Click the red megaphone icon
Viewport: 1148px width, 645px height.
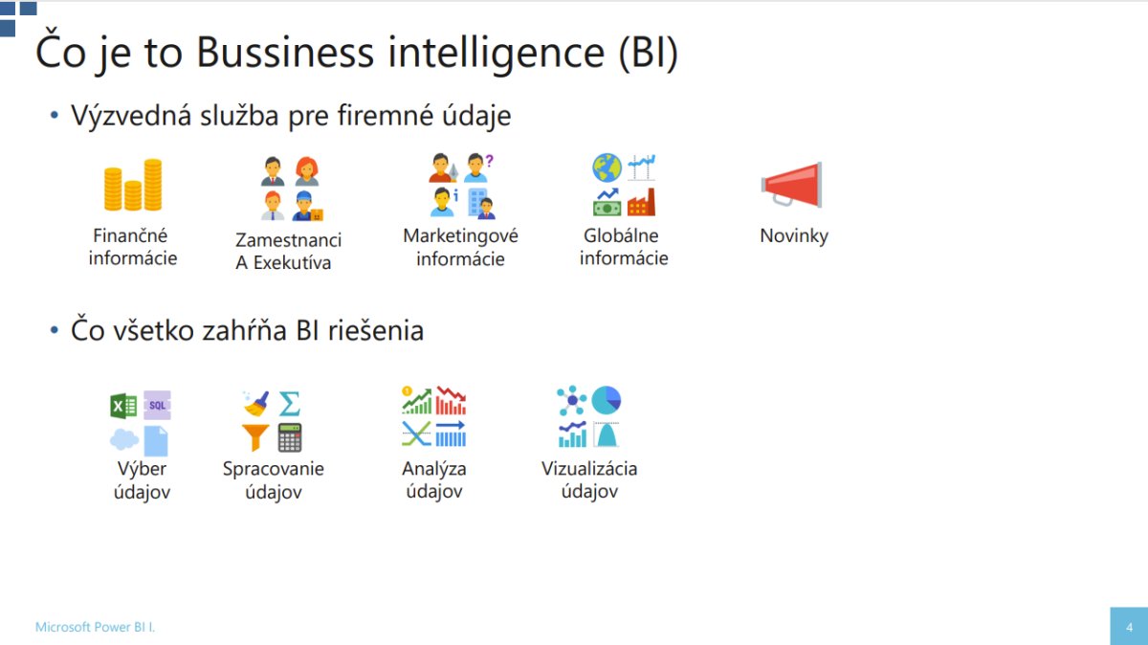coord(792,185)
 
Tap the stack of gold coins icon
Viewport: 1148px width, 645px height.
coord(133,185)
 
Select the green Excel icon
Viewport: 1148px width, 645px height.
coord(123,406)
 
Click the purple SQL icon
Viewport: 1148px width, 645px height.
coord(157,405)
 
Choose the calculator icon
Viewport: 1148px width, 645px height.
coord(290,437)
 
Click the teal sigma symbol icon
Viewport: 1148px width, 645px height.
coord(290,404)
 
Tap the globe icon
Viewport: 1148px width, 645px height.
coord(607,167)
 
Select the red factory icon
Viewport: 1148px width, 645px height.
coord(641,202)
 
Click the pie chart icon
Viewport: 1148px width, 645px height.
coord(607,400)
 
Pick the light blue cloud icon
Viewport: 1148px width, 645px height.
coord(124,439)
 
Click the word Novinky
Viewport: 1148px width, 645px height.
coord(794,235)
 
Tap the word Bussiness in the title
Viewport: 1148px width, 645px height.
coord(285,53)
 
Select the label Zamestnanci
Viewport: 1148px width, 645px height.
coord(289,240)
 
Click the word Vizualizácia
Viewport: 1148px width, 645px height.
coord(589,469)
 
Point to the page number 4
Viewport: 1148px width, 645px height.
coord(1129,627)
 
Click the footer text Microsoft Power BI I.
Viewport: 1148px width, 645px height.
coord(95,627)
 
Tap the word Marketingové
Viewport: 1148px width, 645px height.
coord(461,236)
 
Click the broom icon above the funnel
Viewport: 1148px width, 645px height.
coord(255,404)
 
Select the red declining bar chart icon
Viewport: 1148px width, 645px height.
coord(451,400)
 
